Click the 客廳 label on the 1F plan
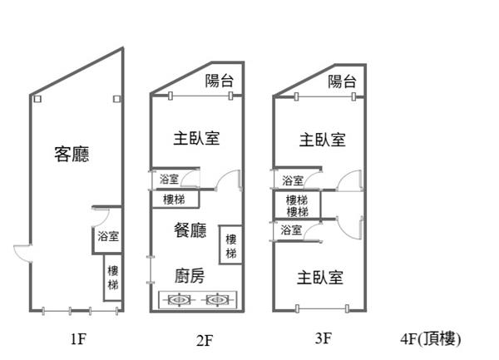pyautogui.click(x=72, y=154)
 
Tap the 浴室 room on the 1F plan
pyautogui.click(x=107, y=236)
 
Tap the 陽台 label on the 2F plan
pyautogui.click(x=220, y=81)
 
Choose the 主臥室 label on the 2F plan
pyautogui.click(x=197, y=138)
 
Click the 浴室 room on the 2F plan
pyautogui.click(x=169, y=179)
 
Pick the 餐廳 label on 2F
pyautogui.click(x=190, y=231)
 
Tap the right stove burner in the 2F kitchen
pyautogui.click(x=215, y=299)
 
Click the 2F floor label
pyautogui.click(x=205, y=339)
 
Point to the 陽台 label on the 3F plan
pyautogui.click(x=342, y=81)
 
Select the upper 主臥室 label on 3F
pyautogui.click(x=322, y=139)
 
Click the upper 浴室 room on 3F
pyautogui.click(x=293, y=180)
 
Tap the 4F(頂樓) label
pyautogui.click(x=430, y=339)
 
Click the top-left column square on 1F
pyautogui.click(x=37, y=99)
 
